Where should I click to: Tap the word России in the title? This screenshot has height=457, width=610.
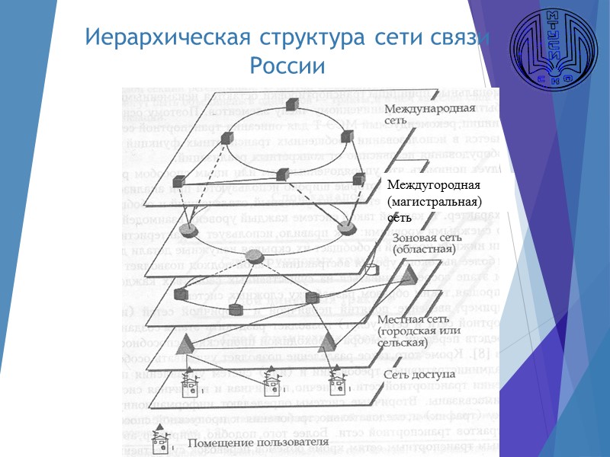click(x=287, y=66)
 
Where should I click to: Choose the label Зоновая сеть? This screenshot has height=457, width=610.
click(x=425, y=238)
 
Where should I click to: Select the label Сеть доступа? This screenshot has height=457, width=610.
click(x=419, y=375)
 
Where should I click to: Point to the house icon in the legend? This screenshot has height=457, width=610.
click(x=159, y=436)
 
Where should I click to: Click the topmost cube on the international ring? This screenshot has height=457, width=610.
click(x=291, y=104)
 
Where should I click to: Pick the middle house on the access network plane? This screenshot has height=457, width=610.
click(x=272, y=376)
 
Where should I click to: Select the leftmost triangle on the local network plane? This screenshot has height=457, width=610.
click(x=185, y=344)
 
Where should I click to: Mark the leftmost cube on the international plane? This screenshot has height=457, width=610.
click(x=178, y=181)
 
